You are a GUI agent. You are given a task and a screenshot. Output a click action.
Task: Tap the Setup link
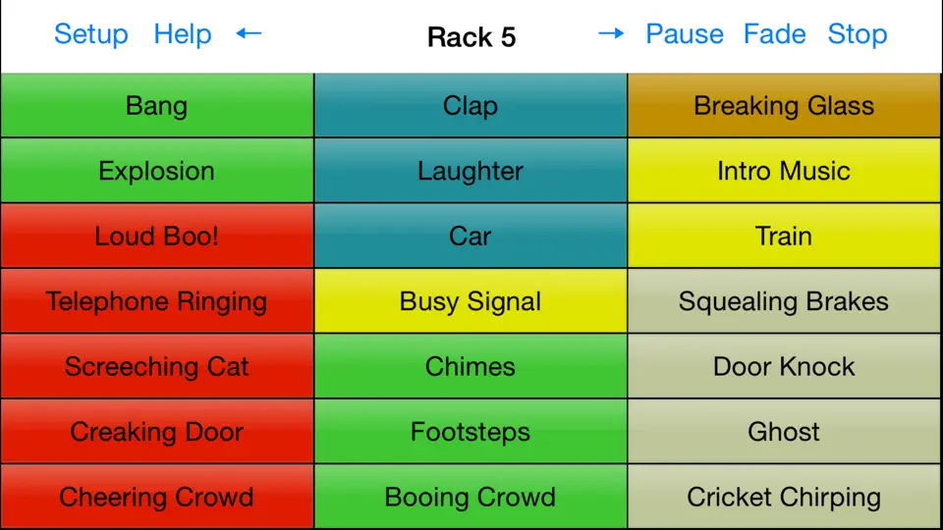tap(90, 34)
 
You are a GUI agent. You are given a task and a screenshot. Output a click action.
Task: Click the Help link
tap(183, 34)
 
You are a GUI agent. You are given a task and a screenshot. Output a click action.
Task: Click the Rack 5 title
tap(471, 37)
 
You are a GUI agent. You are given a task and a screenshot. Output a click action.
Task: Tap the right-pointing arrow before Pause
tap(611, 33)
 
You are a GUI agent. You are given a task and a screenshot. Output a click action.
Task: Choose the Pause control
tap(685, 34)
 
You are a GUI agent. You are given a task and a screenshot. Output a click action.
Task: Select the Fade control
tap(775, 34)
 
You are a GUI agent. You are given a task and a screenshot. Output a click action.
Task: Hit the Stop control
tap(857, 34)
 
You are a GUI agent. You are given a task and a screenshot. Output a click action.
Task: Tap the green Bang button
tap(157, 105)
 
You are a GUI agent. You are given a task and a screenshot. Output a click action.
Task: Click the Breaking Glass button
tap(784, 105)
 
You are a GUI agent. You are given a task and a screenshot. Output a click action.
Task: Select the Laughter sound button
tap(471, 171)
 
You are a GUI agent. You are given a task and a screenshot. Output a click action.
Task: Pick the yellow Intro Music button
tap(784, 171)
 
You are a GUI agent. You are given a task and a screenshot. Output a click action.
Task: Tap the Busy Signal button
tap(471, 301)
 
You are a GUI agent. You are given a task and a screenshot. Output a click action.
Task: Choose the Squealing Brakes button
tap(784, 301)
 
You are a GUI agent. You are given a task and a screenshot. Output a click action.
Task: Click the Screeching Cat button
tap(157, 366)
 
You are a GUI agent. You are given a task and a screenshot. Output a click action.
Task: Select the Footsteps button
tap(471, 432)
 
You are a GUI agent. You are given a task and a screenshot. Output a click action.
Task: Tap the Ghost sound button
tap(784, 432)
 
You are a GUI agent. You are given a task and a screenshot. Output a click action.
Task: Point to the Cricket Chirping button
tap(784, 497)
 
